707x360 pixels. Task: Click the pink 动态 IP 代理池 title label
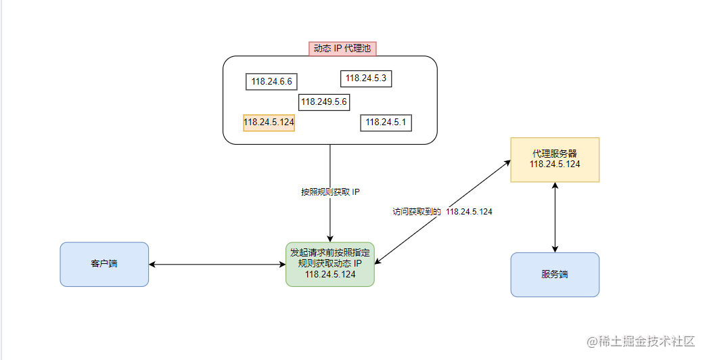pyautogui.click(x=342, y=49)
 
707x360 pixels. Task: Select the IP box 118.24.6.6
pyautogui.click(x=271, y=82)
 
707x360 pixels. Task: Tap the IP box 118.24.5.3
pyautogui.click(x=366, y=78)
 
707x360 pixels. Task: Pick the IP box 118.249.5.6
pyautogui.click(x=324, y=102)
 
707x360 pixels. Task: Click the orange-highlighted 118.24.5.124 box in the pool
pyautogui.click(x=269, y=122)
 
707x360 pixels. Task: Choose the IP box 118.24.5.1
pyautogui.click(x=386, y=122)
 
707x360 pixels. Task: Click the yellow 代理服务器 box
pyautogui.click(x=555, y=160)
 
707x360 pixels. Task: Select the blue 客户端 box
pyautogui.click(x=104, y=265)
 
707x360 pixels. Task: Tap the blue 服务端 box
pyautogui.click(x=555, y=275)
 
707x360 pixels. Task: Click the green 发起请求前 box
pyautogui.click(x=330, y=265)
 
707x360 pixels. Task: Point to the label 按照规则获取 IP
pyautogui.click(x=330, y=192)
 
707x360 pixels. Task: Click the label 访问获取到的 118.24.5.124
pyautogui.click(x=442, y=212)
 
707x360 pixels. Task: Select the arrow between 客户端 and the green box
pyautogui.click(x=217, y=265)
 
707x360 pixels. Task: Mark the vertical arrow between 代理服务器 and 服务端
pyautogui.click(x=555, y=217)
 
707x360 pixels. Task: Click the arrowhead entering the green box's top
pyautogui.click(x=330, y=239)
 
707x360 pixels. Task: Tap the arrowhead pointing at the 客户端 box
pyautogui.click(x=152, y=265)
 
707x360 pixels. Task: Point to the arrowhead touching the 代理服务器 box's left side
pyautogui.click(x=507, y=162)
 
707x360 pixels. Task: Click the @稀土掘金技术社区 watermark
pyautogui.click(x=641, y=341)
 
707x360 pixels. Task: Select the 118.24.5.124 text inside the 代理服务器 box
pyautogui.click(x=555, y=164)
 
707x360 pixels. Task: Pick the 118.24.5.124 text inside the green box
pyautogui.click(x=330, y=274)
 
